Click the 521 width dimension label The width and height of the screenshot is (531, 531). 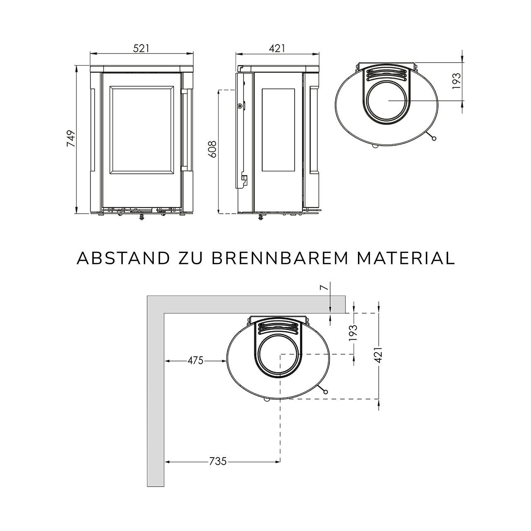[141, 48]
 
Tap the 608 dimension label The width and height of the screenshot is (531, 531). [212, 149]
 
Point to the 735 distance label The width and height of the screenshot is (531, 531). [218, 461]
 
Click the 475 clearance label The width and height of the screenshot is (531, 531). [195, 360]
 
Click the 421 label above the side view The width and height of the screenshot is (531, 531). [277, 48]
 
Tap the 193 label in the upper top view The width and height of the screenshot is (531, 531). [456, 81]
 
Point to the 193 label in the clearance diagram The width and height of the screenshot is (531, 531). [353, 333]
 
